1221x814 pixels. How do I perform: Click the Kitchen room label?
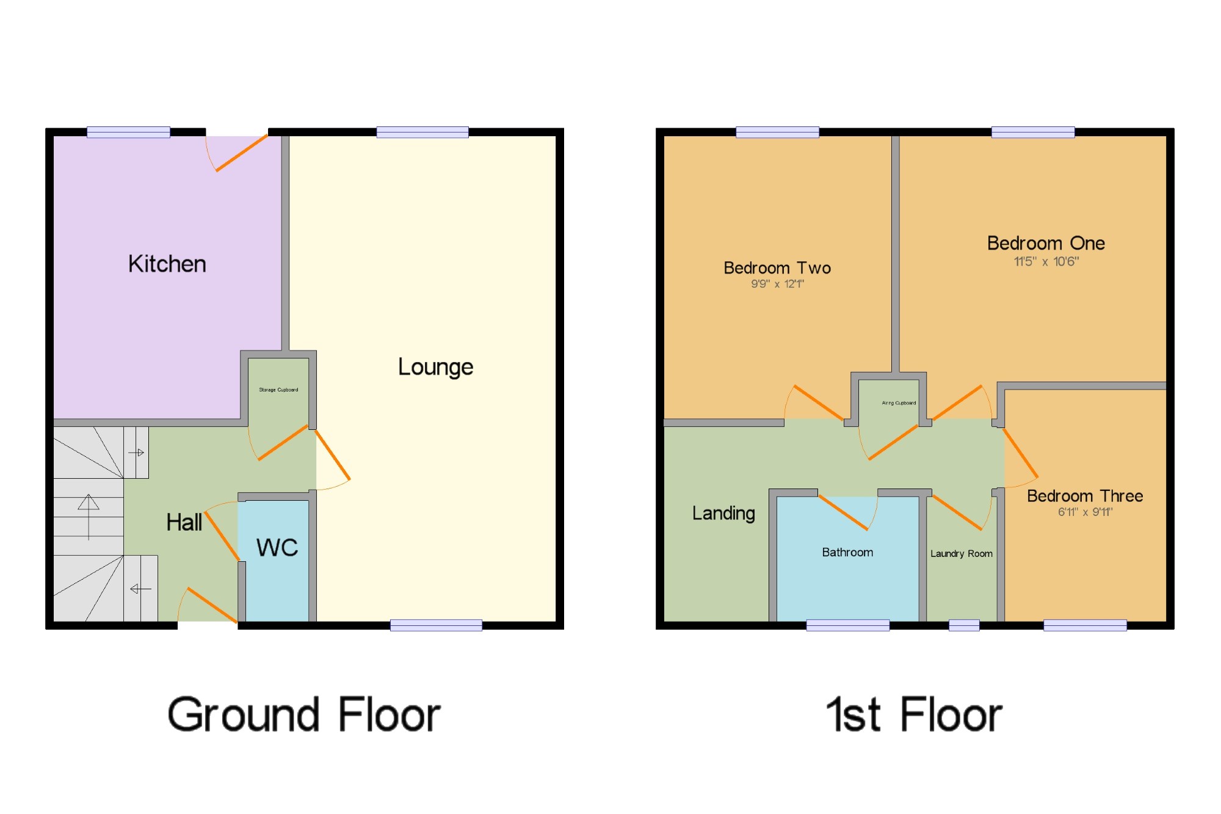tap(167, 264)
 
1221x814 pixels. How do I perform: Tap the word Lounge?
tap(435, 367)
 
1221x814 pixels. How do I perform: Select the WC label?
tap(277, 548)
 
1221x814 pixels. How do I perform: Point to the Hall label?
tap(184, 523)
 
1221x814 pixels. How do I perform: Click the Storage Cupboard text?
tap(278, 390)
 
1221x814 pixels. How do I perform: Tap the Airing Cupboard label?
tap(899, 403)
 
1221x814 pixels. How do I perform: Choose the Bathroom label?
tap(847, 553)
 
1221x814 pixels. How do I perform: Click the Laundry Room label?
tap(961, 554)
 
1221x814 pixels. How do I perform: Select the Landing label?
tap(723, 514)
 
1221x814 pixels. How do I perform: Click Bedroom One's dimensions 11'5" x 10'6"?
tap(1046, 262)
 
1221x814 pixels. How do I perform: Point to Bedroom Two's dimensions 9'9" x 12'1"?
tap(777, 284)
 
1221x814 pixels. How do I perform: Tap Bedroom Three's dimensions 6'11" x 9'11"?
tap(1085, 512)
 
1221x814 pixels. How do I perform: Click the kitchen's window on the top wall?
tap(128, 132)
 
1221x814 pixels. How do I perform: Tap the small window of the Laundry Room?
tap(964, 625)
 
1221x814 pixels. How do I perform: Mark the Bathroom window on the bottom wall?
tap(847, 625)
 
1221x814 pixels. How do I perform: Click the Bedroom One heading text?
tap(1046, 244)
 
